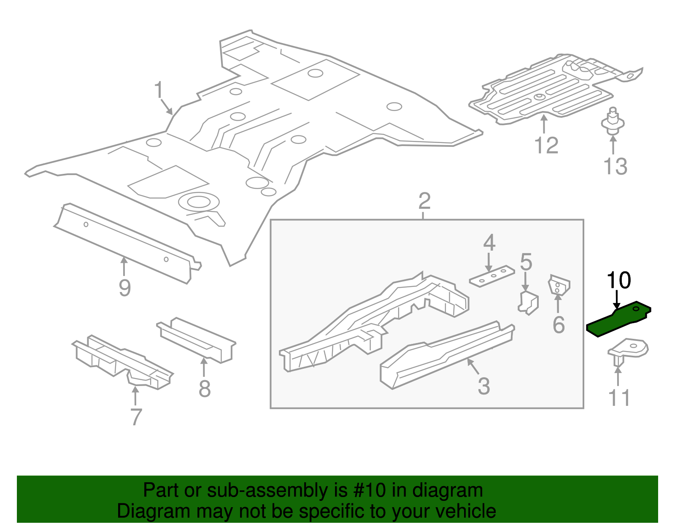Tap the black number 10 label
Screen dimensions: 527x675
click(618, 280)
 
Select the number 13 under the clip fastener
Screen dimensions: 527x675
click(616, 166)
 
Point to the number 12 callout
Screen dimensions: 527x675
click(546, 146)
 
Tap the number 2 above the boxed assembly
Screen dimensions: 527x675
click(424, 201)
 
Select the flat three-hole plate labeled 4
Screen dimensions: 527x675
click(492, 276)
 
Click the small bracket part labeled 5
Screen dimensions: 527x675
click(528, 302)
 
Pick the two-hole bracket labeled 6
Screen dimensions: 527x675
click(559, 285)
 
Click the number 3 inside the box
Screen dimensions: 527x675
click(483, 386)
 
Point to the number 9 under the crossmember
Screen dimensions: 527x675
click(125, 288)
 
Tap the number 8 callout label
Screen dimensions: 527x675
click(205, 389)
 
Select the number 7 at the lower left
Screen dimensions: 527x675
click(135, 417)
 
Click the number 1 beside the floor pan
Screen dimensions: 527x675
click(159, 90)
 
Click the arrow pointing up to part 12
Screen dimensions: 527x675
click(544, 124)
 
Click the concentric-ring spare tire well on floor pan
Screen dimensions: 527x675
click(198, 202)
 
